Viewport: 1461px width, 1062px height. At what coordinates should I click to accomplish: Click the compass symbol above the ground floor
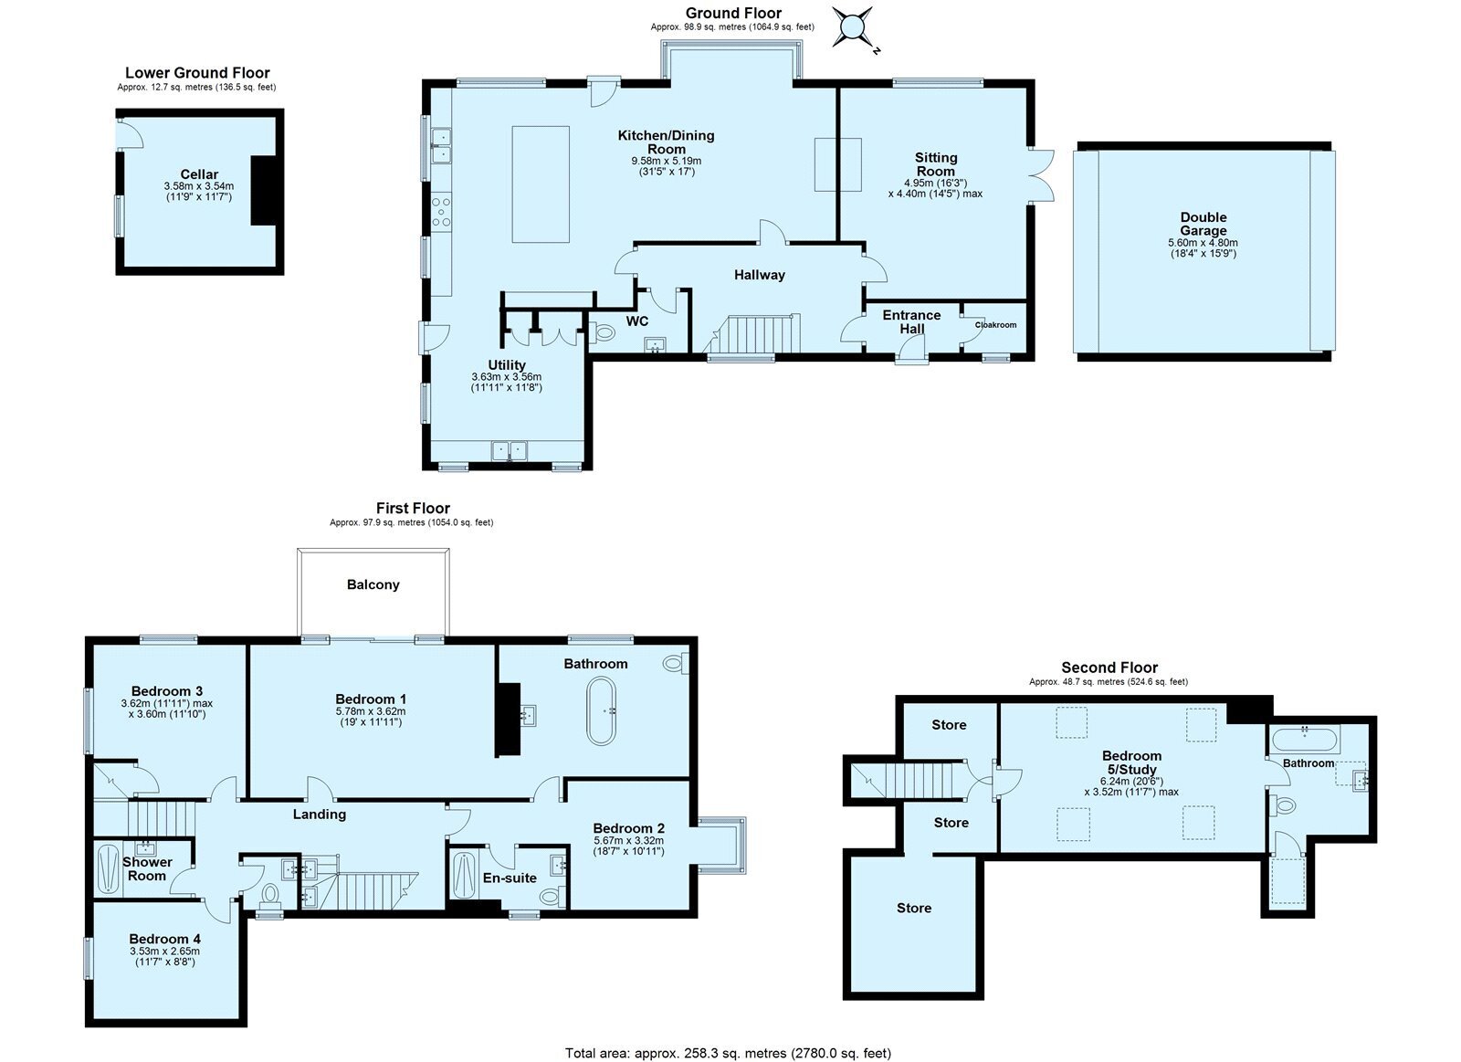(852, 27)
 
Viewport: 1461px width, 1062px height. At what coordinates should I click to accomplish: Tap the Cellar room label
(199, 174)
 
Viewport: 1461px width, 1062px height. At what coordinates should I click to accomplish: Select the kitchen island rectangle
(540, 184)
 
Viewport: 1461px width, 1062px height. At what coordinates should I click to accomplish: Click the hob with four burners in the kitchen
(442, 211)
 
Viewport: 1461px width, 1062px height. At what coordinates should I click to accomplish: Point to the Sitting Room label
(935, 164)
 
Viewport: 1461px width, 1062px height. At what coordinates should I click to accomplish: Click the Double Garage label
(1203, 224)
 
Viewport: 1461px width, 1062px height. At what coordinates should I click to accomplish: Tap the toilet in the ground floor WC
(602, 333)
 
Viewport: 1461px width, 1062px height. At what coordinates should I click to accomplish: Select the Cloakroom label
(995, 325)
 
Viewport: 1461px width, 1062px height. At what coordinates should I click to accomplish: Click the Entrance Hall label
(911, 321)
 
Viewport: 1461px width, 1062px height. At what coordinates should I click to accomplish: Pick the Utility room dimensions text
(506, 382)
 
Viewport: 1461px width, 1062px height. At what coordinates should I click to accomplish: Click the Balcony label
(373, 584)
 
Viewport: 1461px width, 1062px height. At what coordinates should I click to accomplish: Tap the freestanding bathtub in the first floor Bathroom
(601, 711)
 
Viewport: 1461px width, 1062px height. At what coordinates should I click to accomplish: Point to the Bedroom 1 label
(371, 699)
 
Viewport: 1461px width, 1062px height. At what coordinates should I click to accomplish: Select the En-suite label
(510, 878)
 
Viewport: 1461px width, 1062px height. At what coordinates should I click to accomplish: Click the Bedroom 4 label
(165, 939)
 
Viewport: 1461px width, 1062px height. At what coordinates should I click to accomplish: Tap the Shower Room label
(147, 869)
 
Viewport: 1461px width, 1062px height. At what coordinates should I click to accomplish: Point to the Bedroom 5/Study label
(1131, 762)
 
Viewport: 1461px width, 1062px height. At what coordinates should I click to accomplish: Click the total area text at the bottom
(728, 1053)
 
